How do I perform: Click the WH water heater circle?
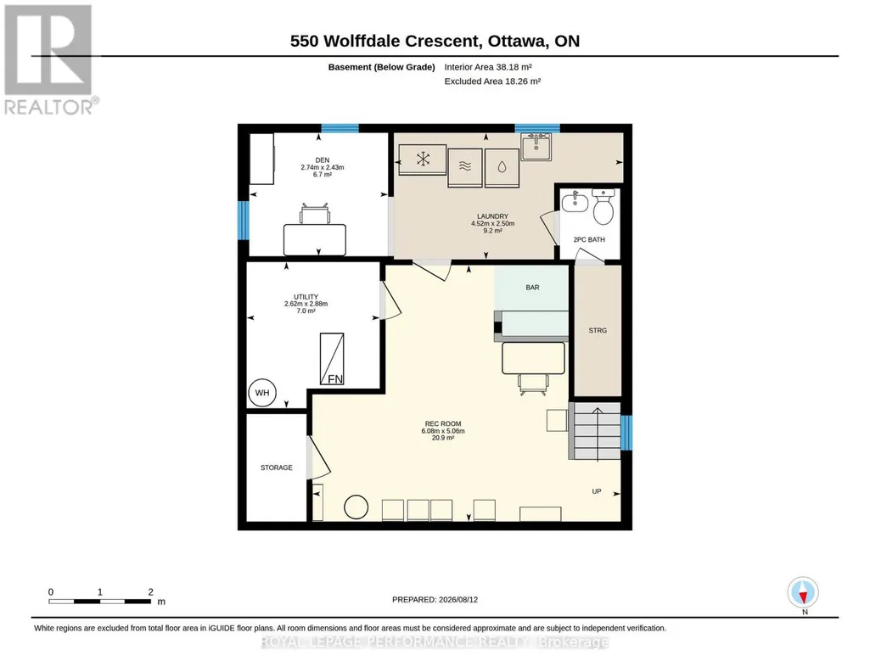coord(262,393)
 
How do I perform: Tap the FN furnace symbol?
coord(332,359)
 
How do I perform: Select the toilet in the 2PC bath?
coord(603,205)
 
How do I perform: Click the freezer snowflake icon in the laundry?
coord(424,160)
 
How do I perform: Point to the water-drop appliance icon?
coord(502,167)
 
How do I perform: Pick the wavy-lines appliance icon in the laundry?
coord(465,165)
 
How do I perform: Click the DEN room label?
coord(322,160)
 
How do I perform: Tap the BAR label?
coord(533,287)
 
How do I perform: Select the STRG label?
coord(598,330)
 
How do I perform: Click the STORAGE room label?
coord(277,468)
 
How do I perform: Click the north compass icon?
coord(803,593)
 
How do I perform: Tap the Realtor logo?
coord(48,59)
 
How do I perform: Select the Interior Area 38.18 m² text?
coord(488,67)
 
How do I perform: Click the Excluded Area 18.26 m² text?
coord(492,81)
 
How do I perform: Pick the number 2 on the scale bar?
coord(150,592)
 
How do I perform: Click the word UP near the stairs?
coord(597,491)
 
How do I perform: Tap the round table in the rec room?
coord(356,507)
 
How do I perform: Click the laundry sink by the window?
coord(536,147)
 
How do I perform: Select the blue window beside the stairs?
coord(626,433)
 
